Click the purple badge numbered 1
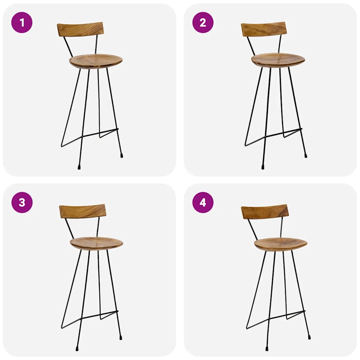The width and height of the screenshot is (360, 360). pyautogui.click(x=22, y=22)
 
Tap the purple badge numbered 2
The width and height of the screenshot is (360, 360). pyautogui.click(x=203, y=22)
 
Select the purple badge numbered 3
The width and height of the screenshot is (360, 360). pyautogui.click(x=22, y=202)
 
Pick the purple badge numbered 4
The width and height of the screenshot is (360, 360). pyautogui.click(x=203, y=202)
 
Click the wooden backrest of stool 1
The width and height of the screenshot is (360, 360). pyautogui.click(x=81, y=29)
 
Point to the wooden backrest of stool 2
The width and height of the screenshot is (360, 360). pyautogui.click(x=264, y=29)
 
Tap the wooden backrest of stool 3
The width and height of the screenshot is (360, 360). pyautogui.click(x=83, y=211)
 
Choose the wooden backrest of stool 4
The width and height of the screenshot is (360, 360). pyautogui.click(x=265, y=212)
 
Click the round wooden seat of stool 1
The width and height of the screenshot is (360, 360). pyautogui.click(x=96, y=61)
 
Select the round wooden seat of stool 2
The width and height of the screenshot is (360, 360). pyautogui.click(x=278, y=60)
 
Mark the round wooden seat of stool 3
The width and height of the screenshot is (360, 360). pyautogui.click(x=96, y=243)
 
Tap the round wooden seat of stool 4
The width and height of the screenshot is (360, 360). pyautogui.click(x=281, y=244)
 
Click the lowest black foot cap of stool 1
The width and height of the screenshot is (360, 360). pyautogui.click(x=79, y=167)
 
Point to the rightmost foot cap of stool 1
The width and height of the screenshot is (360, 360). pyautogui.click(x=122, y=155)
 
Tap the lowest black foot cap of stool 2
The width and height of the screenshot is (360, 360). pyautogui.click(x=263, y=167)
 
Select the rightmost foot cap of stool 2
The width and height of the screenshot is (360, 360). pyautogui.click(x=306, y=155)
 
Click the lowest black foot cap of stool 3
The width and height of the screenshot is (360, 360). pyautogui.click(x=77, y=349)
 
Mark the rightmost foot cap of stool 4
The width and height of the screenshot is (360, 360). pyautogui.click(x=309, y=337)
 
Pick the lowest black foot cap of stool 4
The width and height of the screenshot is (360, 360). pyautogui.click(x=267, y=349)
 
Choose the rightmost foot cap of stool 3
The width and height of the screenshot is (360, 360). pyautogui.click(x=121, y=337)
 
